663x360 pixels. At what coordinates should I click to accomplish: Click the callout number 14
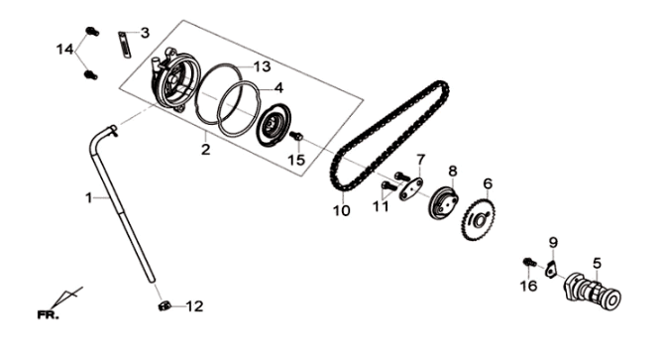click(64, 50)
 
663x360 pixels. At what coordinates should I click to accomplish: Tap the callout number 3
click(145, 33)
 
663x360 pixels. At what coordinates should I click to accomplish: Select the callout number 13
click(262, 66)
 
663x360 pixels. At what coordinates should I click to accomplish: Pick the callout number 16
click(529, 286)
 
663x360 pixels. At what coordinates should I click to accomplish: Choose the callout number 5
click(597, 263)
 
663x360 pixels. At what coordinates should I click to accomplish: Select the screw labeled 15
click(296, 136)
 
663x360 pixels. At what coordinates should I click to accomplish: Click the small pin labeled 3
click(122, 44)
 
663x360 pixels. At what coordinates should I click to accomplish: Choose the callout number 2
click(205, 150)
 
